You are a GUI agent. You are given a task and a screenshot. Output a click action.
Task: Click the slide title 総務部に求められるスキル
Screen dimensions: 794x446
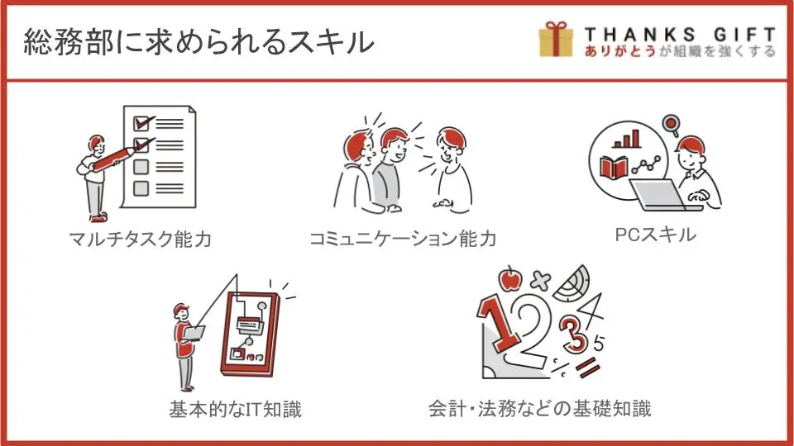coord(198,41)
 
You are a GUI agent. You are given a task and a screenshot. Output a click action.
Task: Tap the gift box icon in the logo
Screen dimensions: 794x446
coord(556,39)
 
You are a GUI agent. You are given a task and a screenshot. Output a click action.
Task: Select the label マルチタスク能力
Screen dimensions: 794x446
coord(141,239)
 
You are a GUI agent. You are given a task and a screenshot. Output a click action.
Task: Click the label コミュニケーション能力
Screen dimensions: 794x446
coord(403,239)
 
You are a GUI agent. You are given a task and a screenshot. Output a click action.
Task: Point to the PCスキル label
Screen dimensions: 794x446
coord(655,235)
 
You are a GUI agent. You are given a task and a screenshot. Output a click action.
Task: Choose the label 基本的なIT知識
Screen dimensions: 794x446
coord(236,409)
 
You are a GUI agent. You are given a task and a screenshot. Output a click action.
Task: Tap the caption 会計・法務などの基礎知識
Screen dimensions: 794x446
coord(540,408)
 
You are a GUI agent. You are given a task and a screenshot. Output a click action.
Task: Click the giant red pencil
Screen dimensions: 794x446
coord(115,157)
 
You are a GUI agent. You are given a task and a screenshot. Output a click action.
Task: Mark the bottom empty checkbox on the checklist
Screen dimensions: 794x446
coord(141,188)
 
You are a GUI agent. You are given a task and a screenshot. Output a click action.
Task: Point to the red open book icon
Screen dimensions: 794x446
coord(613,168)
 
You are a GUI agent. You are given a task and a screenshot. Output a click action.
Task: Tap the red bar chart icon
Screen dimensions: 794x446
coord(626,139)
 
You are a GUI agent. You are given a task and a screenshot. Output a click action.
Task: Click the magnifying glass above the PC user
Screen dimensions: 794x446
coord(672,125)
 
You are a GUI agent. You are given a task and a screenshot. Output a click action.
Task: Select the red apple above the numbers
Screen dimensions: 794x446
coord(510,278)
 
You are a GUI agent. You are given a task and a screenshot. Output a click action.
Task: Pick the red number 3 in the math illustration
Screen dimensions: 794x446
coord(574,333)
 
